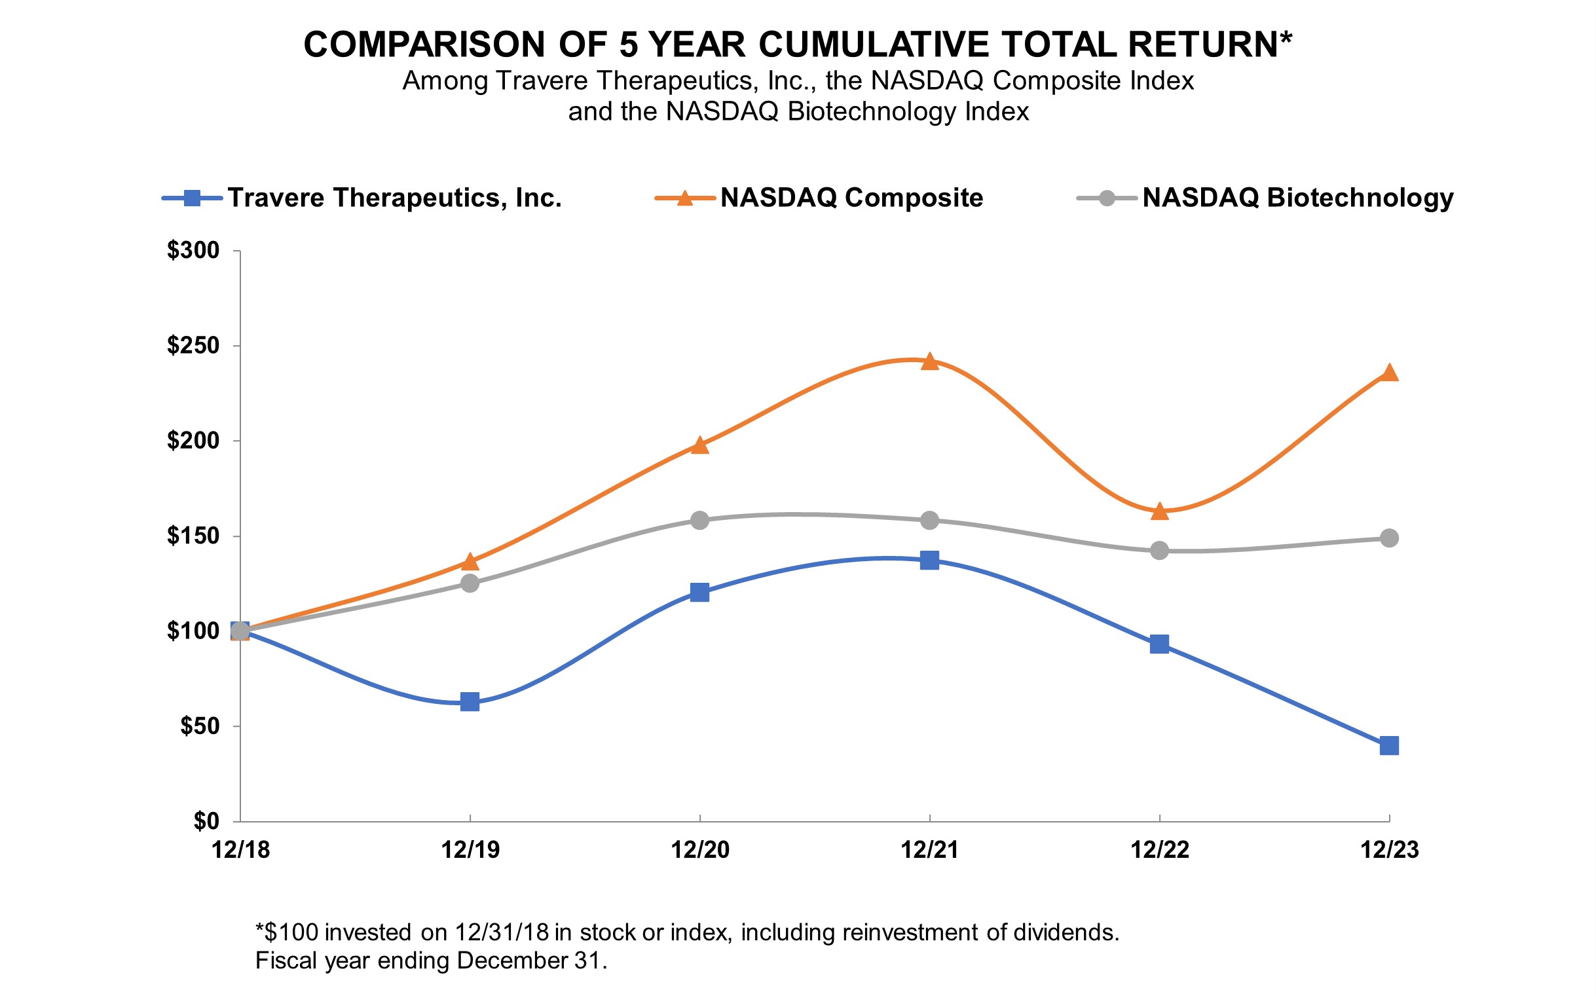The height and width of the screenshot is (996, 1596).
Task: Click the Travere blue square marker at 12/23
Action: [x=1388, y=746]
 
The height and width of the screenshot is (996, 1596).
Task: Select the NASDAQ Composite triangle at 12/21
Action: [x=929, y=361]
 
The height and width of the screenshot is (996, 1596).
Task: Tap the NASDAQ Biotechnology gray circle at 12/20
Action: [x=699, y=521]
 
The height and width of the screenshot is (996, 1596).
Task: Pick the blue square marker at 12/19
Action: [x=470, y=701]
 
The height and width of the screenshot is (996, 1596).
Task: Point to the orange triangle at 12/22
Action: [x=1159, y=511]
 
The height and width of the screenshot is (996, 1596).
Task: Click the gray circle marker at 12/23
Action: [x=1388, y=538]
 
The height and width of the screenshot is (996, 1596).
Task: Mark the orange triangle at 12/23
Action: [x=1388, y=373]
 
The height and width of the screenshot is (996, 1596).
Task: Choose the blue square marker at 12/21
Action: [x=929, y=561]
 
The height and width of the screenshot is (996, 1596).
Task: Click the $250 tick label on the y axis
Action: [x=193, y=346]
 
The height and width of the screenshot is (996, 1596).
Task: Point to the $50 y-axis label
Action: [x=200, y=727]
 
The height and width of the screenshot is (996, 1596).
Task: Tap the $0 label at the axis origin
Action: [x=206, y=821]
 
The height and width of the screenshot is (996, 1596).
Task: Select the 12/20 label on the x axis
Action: [x=699, y=851]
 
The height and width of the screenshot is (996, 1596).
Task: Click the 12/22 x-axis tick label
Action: [x=1159, y=851]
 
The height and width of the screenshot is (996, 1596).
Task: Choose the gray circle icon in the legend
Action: [x=1107, y=198]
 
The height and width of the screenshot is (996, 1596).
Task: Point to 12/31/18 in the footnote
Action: [x=501, y=932]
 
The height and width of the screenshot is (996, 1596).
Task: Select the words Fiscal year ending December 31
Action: [x=431, y=961]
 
